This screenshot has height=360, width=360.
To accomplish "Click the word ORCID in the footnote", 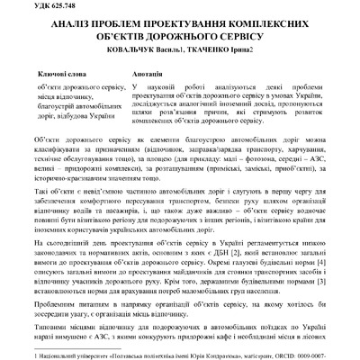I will coord(290,355).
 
